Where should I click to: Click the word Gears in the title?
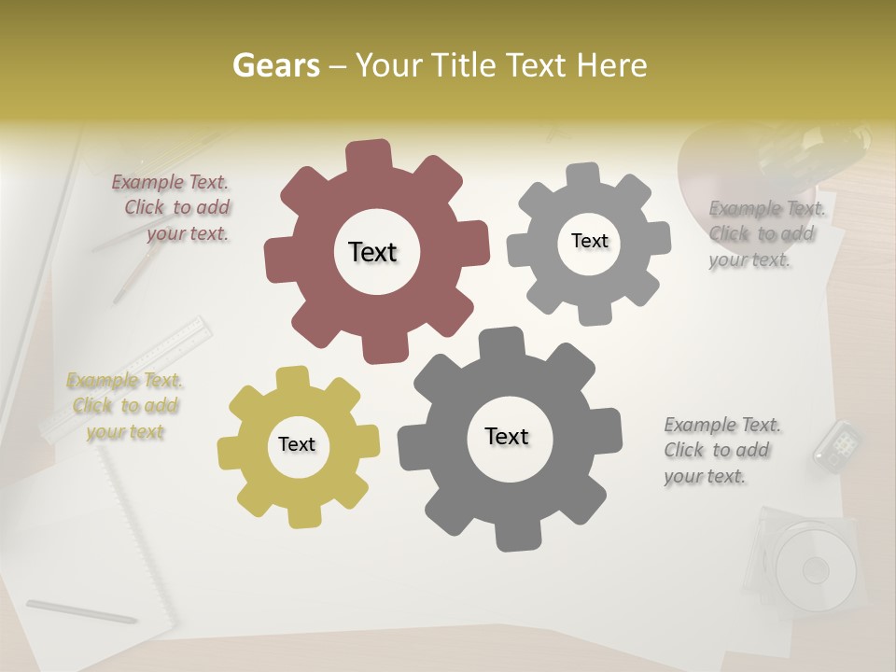click(275, 65)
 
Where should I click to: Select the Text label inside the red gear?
click(372, 252)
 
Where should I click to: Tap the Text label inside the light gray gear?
click(589, 241)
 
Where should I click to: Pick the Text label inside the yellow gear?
click(297, 444)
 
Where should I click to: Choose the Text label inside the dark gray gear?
click(507, 436)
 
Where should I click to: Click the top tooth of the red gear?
click(370, 154)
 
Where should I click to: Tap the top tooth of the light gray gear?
click(583, 175)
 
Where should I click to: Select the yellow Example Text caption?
click(125, 406)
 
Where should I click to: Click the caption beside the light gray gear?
click(765, 233)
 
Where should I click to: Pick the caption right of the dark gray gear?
click(721, 450)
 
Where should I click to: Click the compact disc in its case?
click(814, 567)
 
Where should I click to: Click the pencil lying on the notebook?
click(81, 611)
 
